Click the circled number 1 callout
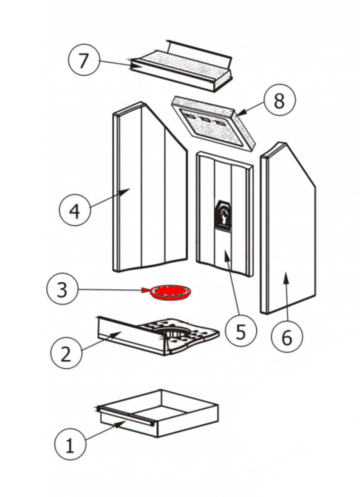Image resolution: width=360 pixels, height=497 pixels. (70, 445)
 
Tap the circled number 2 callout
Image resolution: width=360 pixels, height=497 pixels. (66, 353)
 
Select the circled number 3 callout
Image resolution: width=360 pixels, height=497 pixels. (62, 290)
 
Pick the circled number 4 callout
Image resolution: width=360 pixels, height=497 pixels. (75, 210)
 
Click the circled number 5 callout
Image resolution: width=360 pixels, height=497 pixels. (240, 332)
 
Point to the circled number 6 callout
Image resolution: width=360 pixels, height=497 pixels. (286, 338)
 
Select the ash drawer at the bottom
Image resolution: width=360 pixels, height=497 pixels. (161, 414)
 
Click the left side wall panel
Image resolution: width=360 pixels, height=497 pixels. (149, 189)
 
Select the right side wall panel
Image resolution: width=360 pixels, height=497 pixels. (289, 229)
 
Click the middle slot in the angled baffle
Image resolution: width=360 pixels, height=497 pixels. (206, 119)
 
